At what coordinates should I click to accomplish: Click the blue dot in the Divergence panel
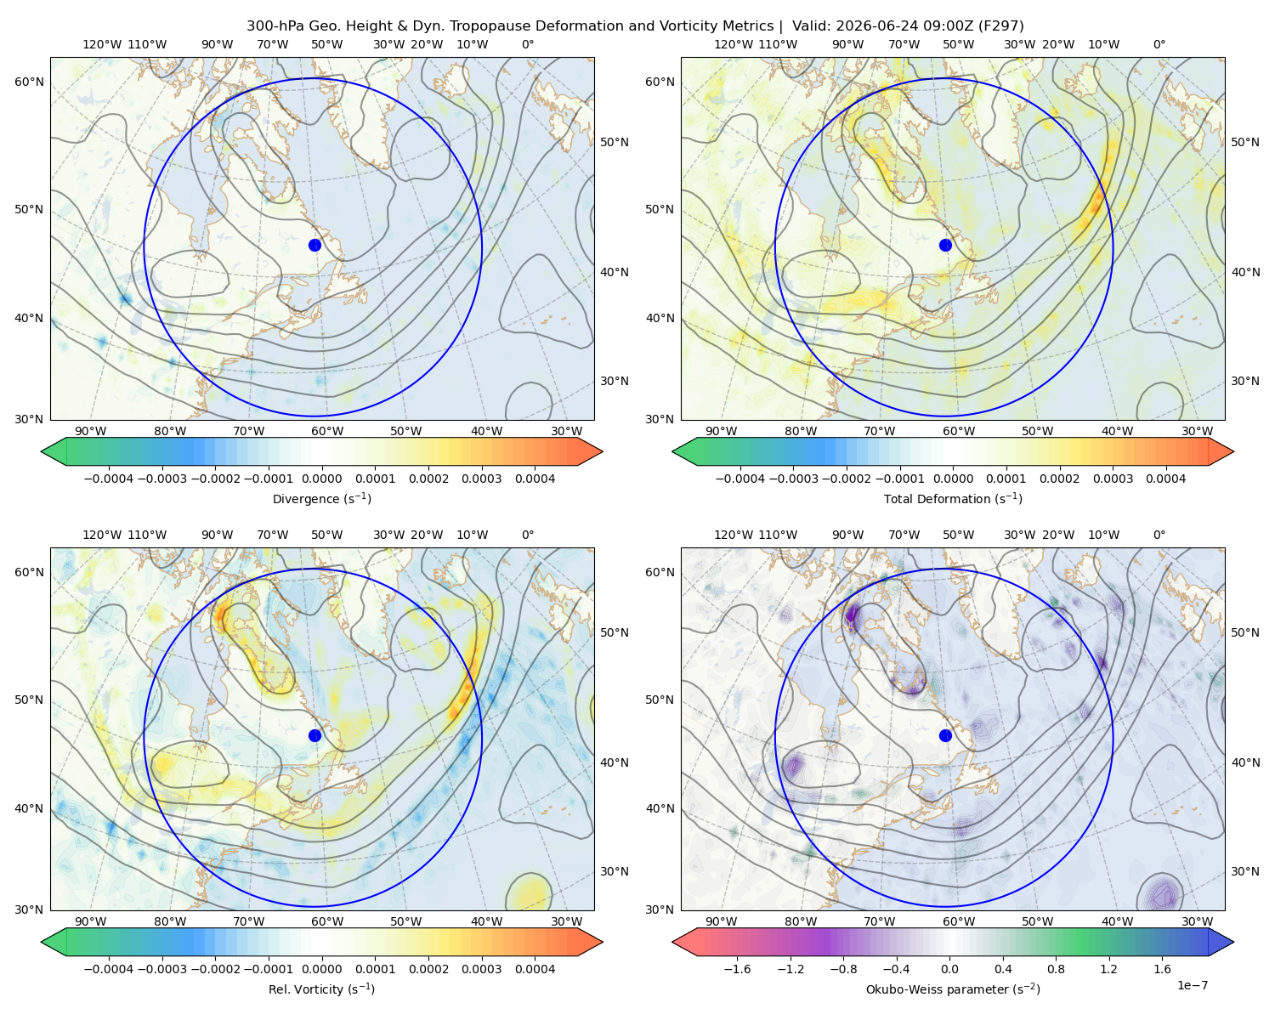(314, 245)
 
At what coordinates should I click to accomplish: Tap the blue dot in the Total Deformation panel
(945, 245)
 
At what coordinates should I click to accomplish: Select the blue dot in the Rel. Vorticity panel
(314, 735)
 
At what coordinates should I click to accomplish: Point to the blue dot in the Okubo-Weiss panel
(945, 735)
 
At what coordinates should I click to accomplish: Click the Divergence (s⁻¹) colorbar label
(321, 499)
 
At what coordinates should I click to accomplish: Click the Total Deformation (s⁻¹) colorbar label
(953, 499)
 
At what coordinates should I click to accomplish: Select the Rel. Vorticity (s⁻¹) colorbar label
(321, 989)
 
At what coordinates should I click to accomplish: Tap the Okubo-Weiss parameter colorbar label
(953, 989)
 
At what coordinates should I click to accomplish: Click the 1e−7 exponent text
(1192, 986)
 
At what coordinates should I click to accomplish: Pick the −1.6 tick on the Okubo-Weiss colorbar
(737, 969)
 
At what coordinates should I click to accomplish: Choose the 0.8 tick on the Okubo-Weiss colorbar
(1056, 969)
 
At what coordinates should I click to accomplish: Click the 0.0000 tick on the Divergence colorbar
(321, 479)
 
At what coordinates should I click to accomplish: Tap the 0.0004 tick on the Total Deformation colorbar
(1166, 479)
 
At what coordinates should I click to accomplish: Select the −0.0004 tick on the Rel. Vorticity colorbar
(109, 969)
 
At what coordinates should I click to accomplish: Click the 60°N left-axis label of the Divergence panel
(29, 82)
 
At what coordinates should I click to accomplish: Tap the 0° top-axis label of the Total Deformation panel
(1159, 44)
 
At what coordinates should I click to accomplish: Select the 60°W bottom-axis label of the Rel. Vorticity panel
(327, 921)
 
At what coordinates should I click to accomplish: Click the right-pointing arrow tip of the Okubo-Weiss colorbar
(1233, 942)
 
